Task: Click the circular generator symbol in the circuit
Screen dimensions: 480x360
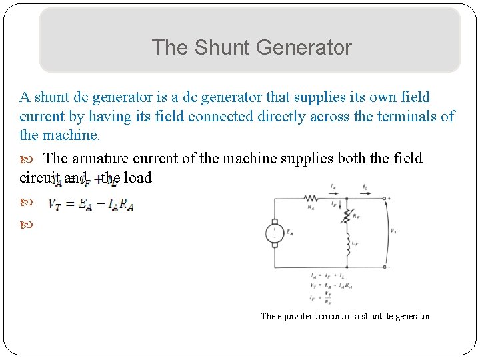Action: coord(274,233)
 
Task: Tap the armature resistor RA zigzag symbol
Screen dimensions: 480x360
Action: coord(311,197)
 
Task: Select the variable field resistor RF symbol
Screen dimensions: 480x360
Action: coord(347,215)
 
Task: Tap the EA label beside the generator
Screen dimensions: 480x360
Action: coord(290,233)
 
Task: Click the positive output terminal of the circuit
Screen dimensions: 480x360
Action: coord(385,197)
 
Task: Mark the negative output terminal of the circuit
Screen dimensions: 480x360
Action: coord(385,267)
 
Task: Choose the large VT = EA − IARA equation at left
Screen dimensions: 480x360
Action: coord(90,205)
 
